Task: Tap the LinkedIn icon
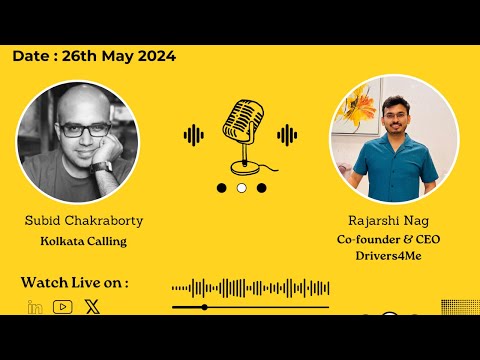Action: (x=35, y=307)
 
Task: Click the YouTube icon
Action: (x=63, y=307)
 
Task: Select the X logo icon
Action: (x=92, y=307)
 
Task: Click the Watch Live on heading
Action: (x=74, y=283)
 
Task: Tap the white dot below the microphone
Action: (x=241, y=187)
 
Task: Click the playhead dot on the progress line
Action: (x=204, y=307)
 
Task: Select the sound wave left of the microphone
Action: (x=194, y=134)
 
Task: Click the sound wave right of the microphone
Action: (x=288, y=134)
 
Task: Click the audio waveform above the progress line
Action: (x=250, y=289)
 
